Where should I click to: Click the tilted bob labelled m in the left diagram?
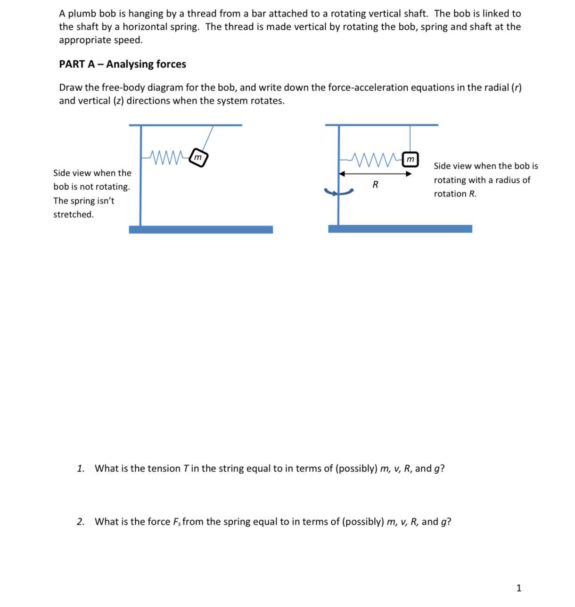pos(198,158)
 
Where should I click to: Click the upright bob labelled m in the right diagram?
pos(410,159)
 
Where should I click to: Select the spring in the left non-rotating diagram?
pos(167,157)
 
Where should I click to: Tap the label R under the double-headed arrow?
pos(375,185)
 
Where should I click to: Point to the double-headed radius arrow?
pos(375,174)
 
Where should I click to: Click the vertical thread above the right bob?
pos(410,138)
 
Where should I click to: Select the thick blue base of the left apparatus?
pos(201,229)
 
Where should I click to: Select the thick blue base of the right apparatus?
pos(400,229)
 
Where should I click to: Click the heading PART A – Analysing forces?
pos(123,64)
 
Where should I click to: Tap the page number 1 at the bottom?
pos(519,588)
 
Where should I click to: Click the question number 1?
pos(81,469)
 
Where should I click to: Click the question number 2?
pos(81,522)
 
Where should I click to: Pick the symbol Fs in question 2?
pos(177,522)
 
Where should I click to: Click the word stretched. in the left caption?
pos(74,215)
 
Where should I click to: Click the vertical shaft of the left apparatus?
pos(140,188)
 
